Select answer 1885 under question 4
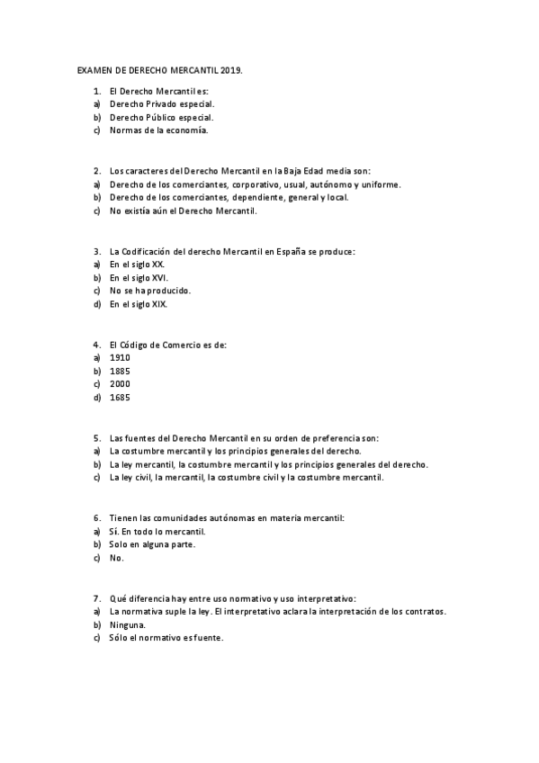[x=120, y=371]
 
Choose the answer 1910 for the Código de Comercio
[x=120, y=357]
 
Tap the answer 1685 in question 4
[x=120, y=397]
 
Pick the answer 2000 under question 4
[x=120, y=383]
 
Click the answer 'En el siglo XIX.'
[x=139, y=304]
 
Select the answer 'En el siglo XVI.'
[x=139, y=278]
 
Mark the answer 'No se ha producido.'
[x=150, y=291]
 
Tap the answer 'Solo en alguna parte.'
[x=152, y=544]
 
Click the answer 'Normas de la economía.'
[x=158, y=130]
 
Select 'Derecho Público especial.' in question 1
[x=162, y=117]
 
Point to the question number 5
[x=96, y=437]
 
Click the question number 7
[x=96, y=597]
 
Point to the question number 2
[x=96, y=171]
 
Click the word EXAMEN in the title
[x=91, y=68]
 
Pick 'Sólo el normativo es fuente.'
[x=166, y=637]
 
